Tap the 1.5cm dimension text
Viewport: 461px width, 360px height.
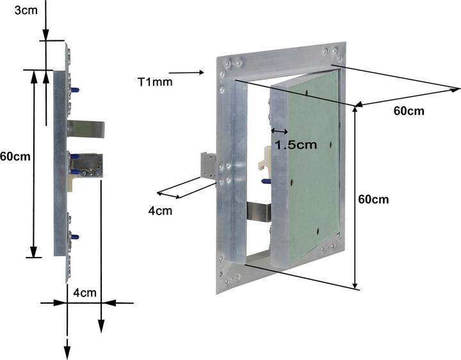click(x=295, y=145)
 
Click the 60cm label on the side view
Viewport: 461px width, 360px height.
click(x=15, y=155)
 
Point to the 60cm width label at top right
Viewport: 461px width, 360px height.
click(x=408, y=111)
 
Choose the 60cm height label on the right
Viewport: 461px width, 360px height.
click(x=374, y=199)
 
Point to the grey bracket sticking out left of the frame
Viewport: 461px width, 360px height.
click(x=209, y=165)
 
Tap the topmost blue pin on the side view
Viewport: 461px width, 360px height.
click(x=76, y=90)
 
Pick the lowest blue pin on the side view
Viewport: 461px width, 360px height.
click(x=75, y=238)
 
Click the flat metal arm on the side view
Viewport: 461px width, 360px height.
click(x=86, y=128)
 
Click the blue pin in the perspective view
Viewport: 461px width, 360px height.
click(x=266, y=182)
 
